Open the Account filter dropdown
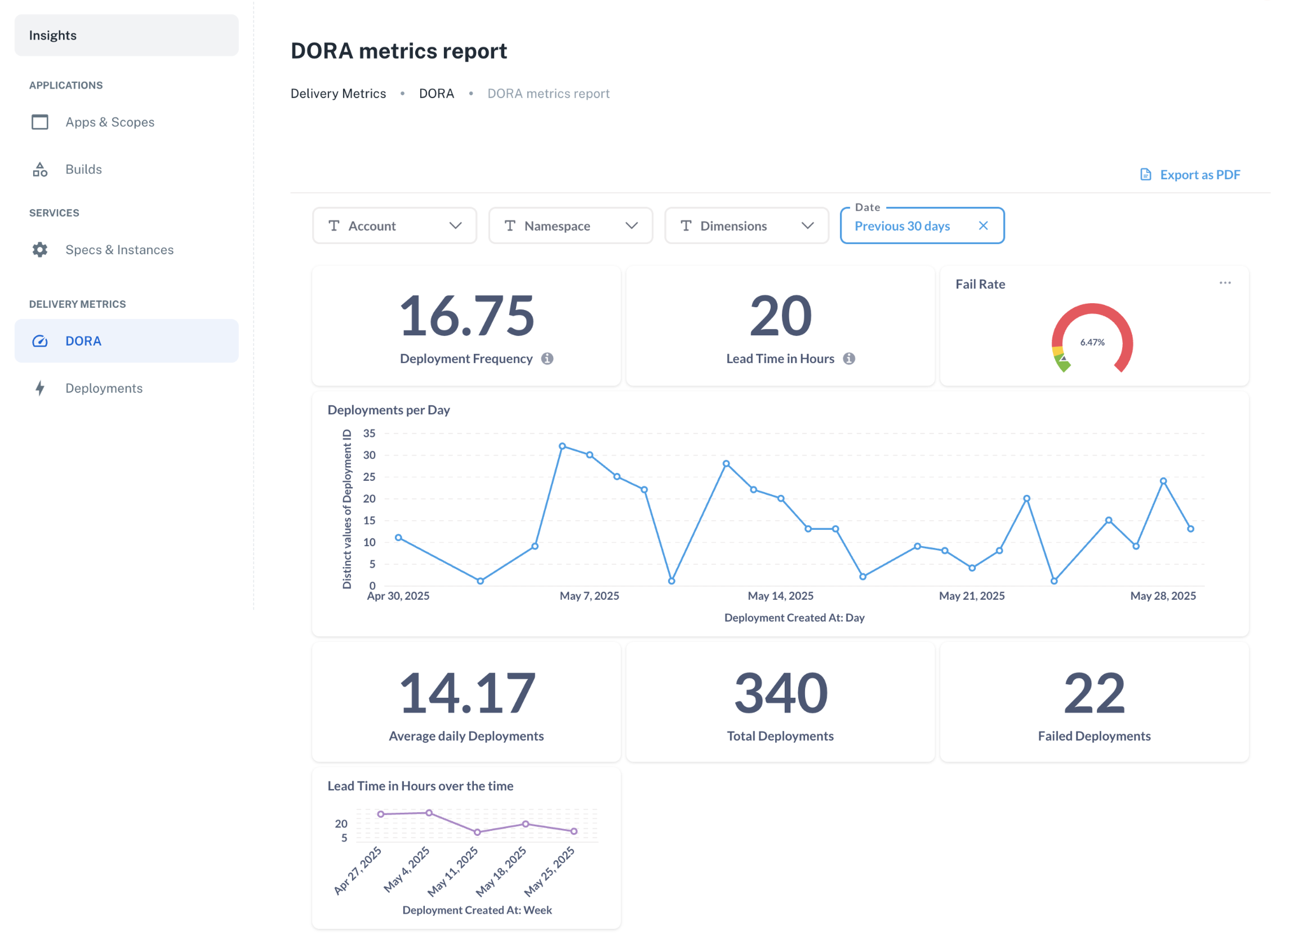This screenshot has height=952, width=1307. coord(394,226)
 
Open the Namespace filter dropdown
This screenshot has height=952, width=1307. coord(570,226)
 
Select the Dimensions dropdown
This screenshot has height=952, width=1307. coord(746,226)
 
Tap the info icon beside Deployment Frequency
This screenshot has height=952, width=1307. coord(548,358)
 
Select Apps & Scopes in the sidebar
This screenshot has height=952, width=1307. coord(109,122)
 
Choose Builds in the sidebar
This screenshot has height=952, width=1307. coord(83,170)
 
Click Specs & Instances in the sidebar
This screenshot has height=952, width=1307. coord(119,250)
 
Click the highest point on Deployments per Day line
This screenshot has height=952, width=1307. coord(562,446)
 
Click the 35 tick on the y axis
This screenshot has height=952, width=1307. coord(369,433)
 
